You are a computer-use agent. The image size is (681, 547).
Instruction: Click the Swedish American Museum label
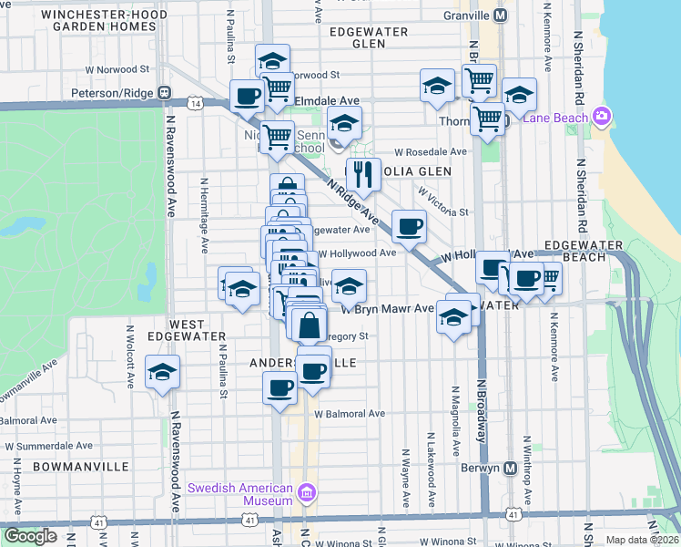(240, 493)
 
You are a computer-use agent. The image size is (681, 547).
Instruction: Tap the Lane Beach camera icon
(601, 116)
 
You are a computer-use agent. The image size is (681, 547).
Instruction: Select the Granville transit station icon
(500, 15)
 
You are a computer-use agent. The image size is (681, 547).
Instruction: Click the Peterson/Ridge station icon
(165, 92)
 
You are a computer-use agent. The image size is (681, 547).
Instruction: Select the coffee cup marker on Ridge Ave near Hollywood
(409, 224)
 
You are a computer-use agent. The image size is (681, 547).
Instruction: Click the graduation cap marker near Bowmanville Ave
(163, 371)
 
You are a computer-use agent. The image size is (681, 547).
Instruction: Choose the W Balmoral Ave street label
(350, 414)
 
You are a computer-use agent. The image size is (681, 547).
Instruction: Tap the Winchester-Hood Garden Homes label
(105, 21)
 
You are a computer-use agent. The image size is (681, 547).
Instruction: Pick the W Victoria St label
(443, 202)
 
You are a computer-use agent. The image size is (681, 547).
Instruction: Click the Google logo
(30, 536)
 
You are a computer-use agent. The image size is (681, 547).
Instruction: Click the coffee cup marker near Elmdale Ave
(247, 95)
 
